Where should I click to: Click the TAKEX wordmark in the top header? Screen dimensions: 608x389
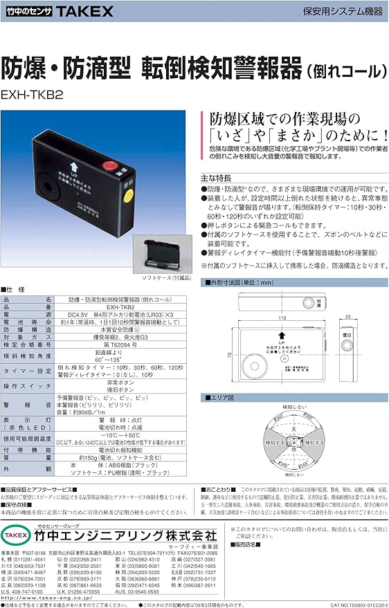[74, 12]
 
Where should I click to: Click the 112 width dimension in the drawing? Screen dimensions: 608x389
[282, 318]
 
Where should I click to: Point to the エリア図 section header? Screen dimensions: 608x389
[221, 398]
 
